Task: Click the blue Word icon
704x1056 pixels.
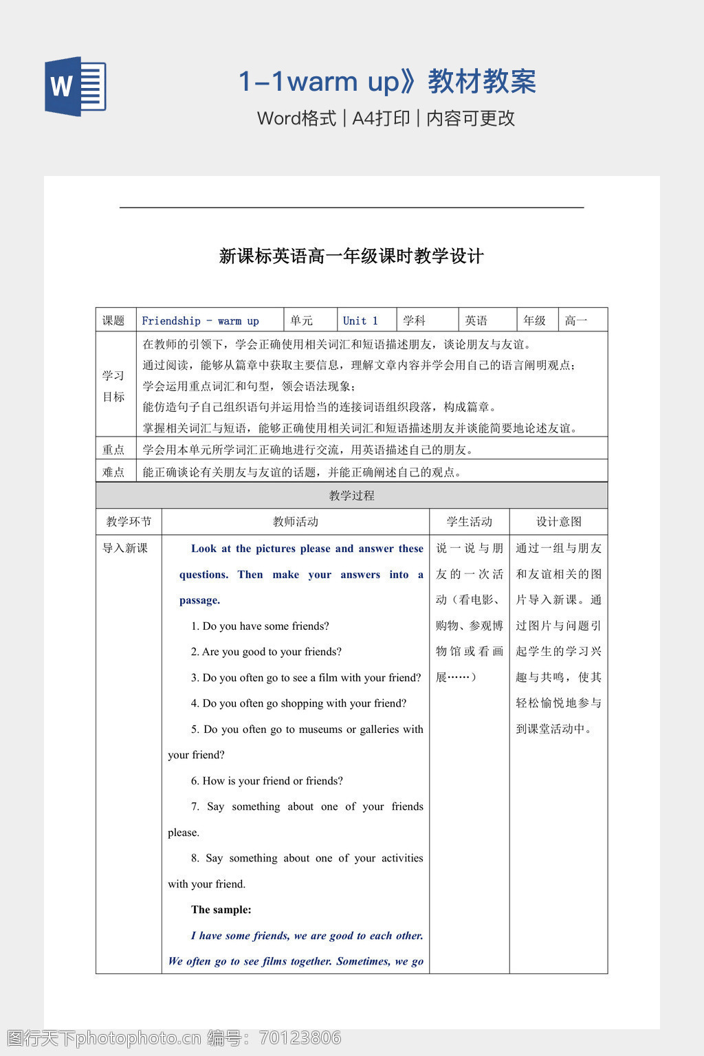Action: (x=76, y=87)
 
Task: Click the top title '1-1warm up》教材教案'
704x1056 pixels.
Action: (x=386, y=82)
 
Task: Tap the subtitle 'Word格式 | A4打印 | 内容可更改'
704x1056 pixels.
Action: (x=386, y=118)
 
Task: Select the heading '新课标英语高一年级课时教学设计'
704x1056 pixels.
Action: (x=351, y=256)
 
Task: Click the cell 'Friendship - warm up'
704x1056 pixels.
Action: (x=200, y=321)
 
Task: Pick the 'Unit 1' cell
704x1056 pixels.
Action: (x=360, y=321)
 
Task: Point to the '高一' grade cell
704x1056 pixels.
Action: (x=576, y=321)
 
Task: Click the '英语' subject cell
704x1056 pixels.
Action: (x=476, y=321)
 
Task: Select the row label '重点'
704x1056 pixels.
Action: (x=113, y=450)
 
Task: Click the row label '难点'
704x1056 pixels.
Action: (x=113, y=472)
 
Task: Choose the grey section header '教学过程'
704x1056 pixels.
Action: (x=351, y=496)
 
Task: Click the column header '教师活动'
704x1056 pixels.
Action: (x=295, y=522)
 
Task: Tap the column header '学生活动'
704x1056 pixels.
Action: (x=469, y=522)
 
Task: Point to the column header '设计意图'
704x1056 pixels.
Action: (x=558, y=522)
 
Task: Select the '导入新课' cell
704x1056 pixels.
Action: (x=125, y=549)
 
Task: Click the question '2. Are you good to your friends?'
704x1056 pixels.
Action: (x=266, y=652)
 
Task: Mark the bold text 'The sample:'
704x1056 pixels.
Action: (x=221, y=910)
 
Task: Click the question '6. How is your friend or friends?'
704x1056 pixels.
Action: (x=267, y=781)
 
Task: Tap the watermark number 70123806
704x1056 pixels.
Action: (x=299, y=1037)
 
